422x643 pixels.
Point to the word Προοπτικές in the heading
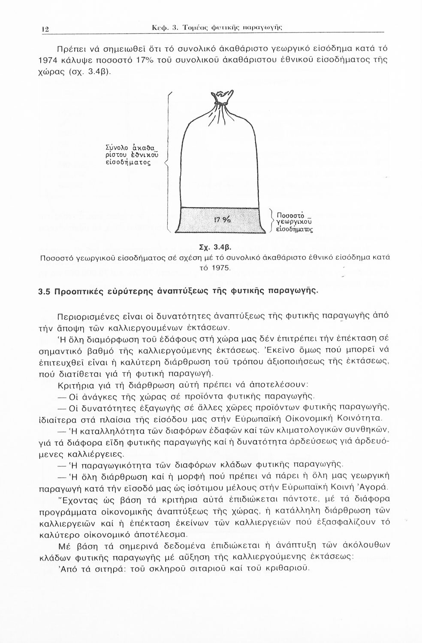click(75, 292)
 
